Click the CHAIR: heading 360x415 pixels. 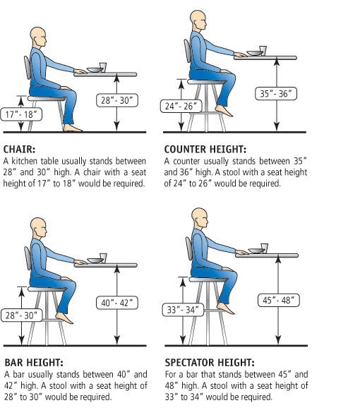(20, 150)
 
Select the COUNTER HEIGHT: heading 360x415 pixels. (205, 150)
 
